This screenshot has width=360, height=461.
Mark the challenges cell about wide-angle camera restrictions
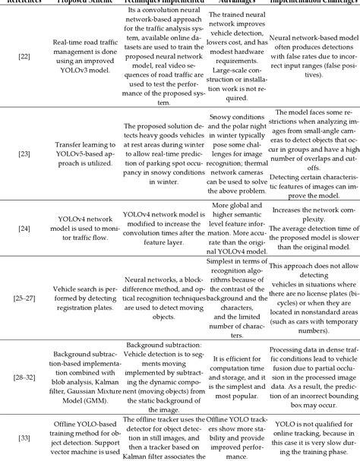(312, 151)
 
